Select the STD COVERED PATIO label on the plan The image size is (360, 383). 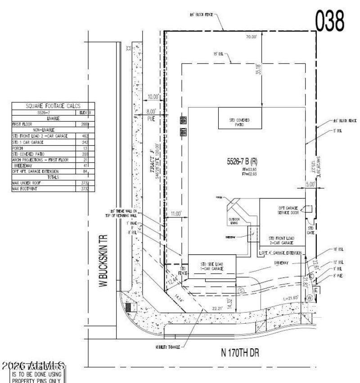[x=239, y=122]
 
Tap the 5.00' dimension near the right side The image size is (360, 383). [x=310, y=184]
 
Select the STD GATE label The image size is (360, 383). [x=310, y=230]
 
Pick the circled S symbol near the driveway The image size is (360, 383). [x=241, y=291]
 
